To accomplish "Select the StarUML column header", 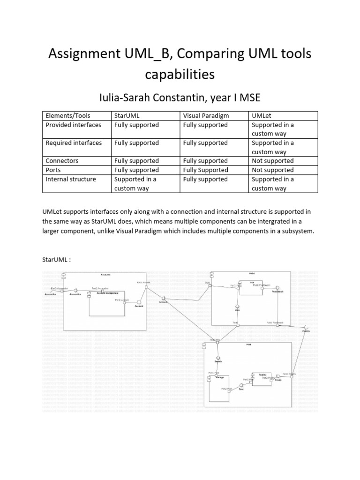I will (127, 115).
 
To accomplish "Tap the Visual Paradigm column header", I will (205, 115).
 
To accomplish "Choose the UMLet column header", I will (262, 115).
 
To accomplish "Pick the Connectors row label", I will (62, 161).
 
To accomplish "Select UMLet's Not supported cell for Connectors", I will (273, 161).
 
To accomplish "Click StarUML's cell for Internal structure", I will (135, 183).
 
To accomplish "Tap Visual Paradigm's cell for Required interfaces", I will (205, 142).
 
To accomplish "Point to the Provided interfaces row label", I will (73, 125).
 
